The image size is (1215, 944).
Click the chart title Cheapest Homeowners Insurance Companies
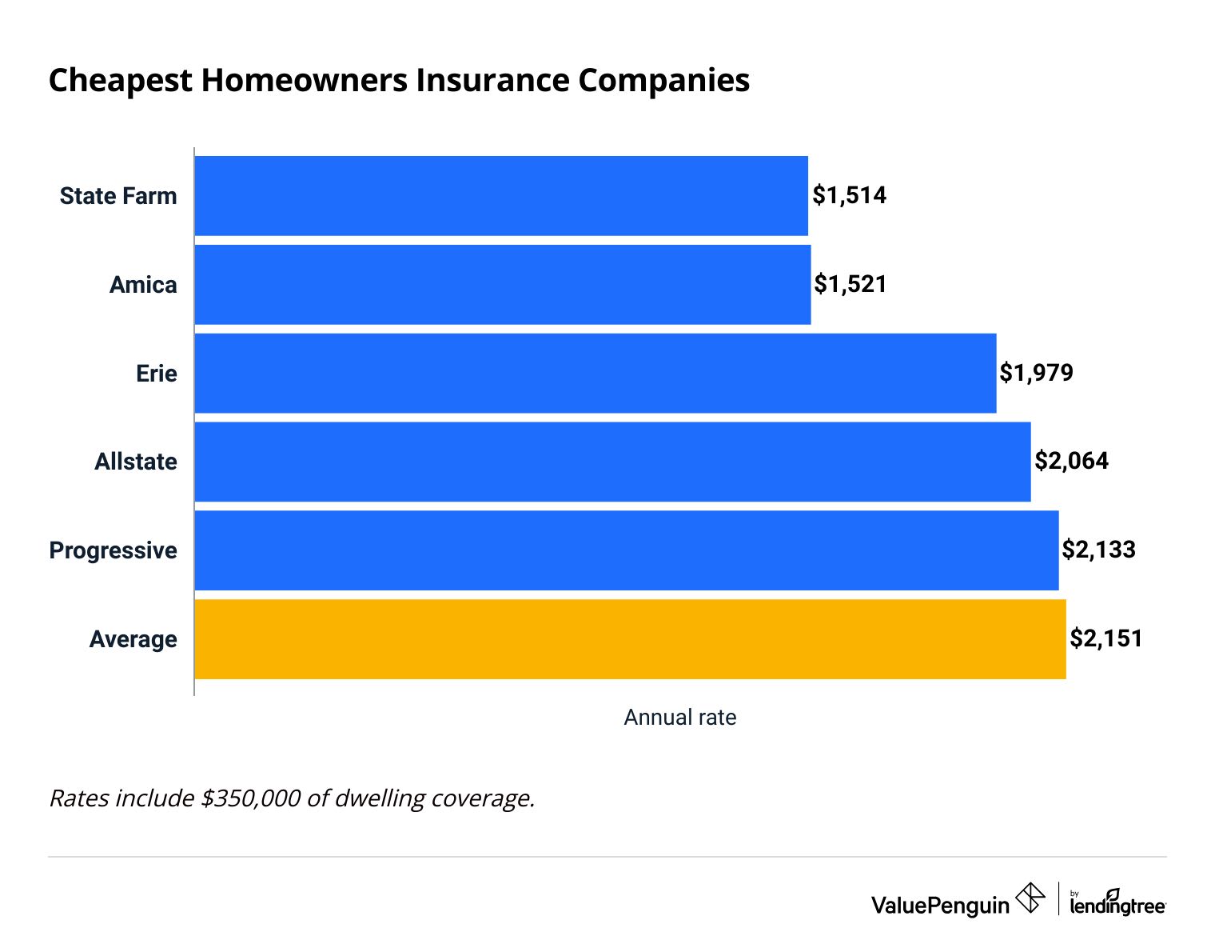[x=399, y=81]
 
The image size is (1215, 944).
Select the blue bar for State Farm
[x=501, y=196]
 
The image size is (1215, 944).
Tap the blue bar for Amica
[x=503, y=285]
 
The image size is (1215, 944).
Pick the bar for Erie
[x=596, y=374]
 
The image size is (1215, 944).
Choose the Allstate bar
[x=612, y=462]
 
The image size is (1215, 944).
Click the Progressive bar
[x=627, y=550]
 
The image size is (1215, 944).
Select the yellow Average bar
[x=630, y=639]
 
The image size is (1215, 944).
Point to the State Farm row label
[x=118, y=196]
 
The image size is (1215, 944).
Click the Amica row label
[x=143, y=285]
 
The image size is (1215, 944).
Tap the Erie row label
[x=156, y=374]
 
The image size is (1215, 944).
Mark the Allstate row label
[x=136, y=462]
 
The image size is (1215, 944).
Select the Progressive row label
[x=114, y=550]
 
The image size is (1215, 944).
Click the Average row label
[x=133, y=639]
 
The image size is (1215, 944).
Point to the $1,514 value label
[x=849, y=195]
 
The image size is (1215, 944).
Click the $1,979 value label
[x=1036, y=373]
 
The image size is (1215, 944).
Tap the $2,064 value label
[x=1071, y=461]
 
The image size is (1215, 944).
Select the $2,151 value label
[x=1106, y=638]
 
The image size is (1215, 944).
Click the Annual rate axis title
[x=679, y=718]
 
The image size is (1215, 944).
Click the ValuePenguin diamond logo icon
[x=1030, y=898]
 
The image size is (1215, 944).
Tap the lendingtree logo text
[x=1117, y=906]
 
